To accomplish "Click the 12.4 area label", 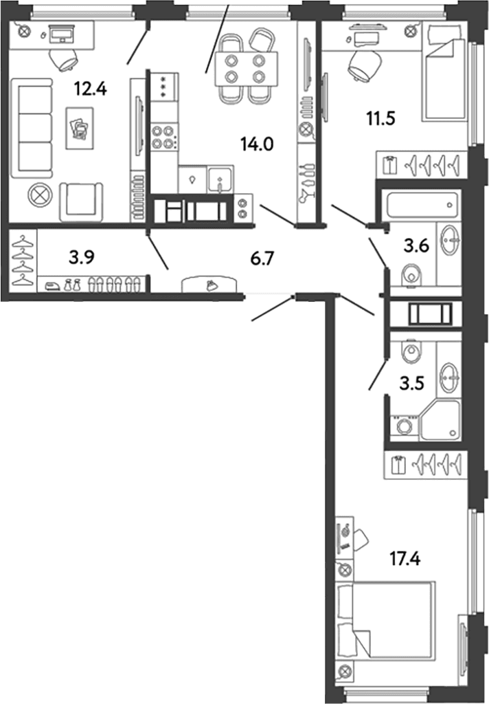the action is coord(91,89).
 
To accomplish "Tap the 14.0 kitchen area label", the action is coord(257,144).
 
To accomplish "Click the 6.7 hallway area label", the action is coord(262,259).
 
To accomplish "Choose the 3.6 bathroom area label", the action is coord(416,246).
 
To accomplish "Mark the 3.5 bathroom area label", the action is coord(412,384).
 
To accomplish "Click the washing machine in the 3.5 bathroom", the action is coord(405,426).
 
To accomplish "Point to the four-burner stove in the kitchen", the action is coord(163,137).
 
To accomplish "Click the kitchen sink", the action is coord(220,179).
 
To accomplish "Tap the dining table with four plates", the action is coord(246,69).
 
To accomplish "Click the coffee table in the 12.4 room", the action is coord(80,128).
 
